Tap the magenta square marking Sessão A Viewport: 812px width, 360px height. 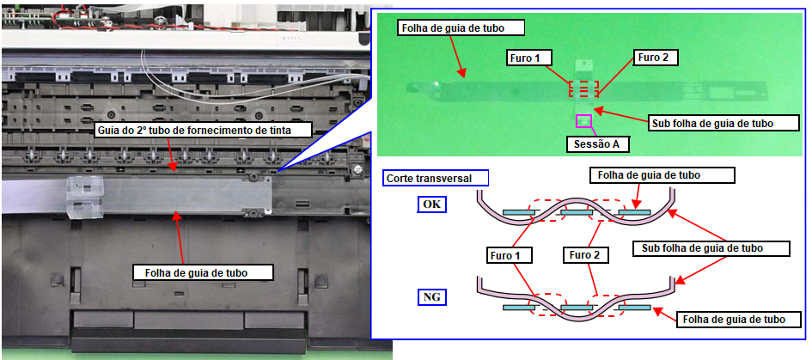coord(583,120)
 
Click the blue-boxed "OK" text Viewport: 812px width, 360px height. coord(432,204)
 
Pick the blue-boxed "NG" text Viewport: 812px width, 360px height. coord(432,298)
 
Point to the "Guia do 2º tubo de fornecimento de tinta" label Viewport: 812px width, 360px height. coord(204,130)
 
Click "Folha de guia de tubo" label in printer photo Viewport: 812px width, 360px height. coord(203,272)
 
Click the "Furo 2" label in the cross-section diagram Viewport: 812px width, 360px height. coord(586,255)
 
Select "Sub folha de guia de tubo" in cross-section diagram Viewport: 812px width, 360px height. coord(711,248)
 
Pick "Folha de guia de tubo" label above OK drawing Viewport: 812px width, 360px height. coord(662,175)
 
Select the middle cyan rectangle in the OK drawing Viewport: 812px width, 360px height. coord(577,212)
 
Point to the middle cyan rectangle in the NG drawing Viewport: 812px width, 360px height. coord(577,308)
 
